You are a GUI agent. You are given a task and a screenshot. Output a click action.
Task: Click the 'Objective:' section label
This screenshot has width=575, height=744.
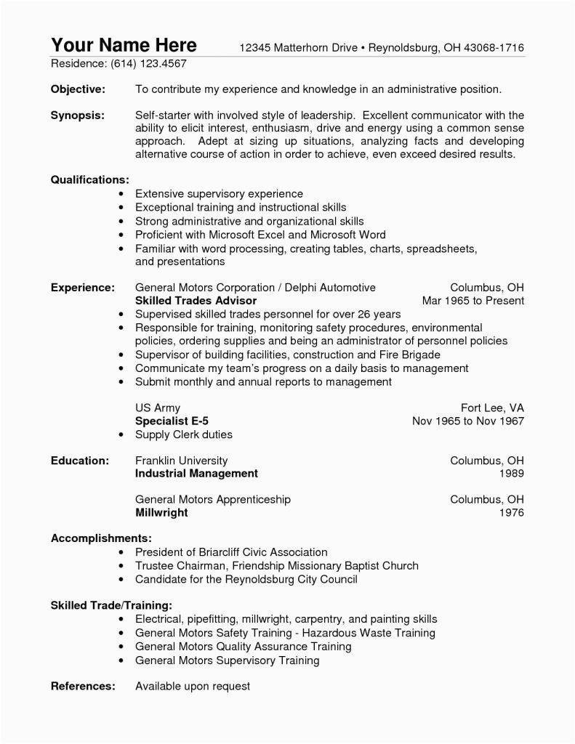click(78, 89)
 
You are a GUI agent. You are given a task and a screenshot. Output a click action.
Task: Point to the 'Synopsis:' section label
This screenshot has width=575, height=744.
click(77, 116)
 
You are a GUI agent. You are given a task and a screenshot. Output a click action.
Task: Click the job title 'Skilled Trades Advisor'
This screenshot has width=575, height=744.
click(196, 300)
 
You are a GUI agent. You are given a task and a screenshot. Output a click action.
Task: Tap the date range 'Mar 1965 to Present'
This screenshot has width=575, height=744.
click(473, 300)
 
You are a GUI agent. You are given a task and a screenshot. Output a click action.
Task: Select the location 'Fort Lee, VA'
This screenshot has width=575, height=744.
click(492, 408)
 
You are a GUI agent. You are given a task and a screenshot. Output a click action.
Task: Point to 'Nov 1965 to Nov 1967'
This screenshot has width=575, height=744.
click(467, 421)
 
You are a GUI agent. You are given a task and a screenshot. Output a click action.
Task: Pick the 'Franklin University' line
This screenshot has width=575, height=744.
click(181, 461)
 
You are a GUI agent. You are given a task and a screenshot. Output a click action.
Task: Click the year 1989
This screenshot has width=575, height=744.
click(511, 474)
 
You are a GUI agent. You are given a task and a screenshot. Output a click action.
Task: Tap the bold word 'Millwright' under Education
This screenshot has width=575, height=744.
click(161, 512)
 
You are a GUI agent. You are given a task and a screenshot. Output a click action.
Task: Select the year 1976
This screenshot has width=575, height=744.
click(511, 512)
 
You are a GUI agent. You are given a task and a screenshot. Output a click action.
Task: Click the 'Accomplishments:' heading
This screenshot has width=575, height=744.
click(101, 538)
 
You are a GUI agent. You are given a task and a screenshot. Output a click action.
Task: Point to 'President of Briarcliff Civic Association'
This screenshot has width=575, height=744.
click(231, 552)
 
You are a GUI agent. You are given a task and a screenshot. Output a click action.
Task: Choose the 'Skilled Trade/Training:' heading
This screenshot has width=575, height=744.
click(111, 604)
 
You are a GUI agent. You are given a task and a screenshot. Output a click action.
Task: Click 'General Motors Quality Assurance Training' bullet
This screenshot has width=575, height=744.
click(243, 646)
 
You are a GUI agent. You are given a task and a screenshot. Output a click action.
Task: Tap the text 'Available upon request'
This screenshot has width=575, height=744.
click(193, 686)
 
